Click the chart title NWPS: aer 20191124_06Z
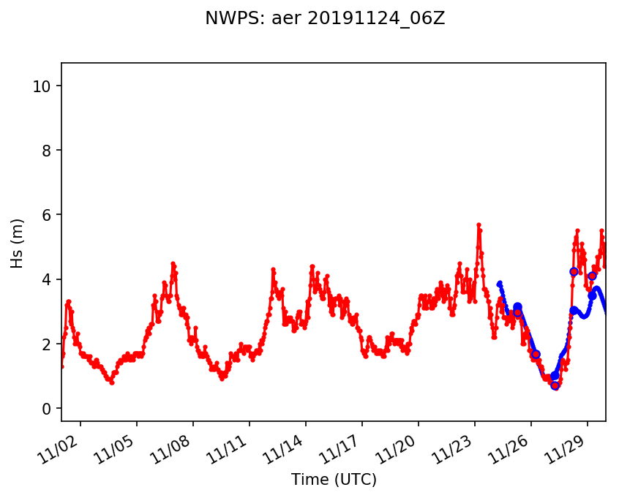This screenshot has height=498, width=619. (x=325, y=19)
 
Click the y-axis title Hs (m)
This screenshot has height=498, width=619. (x=18, y=243)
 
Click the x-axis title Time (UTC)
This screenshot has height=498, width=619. (x=334, y=480)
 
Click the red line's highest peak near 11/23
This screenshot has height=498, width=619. (x=479, y=225)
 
